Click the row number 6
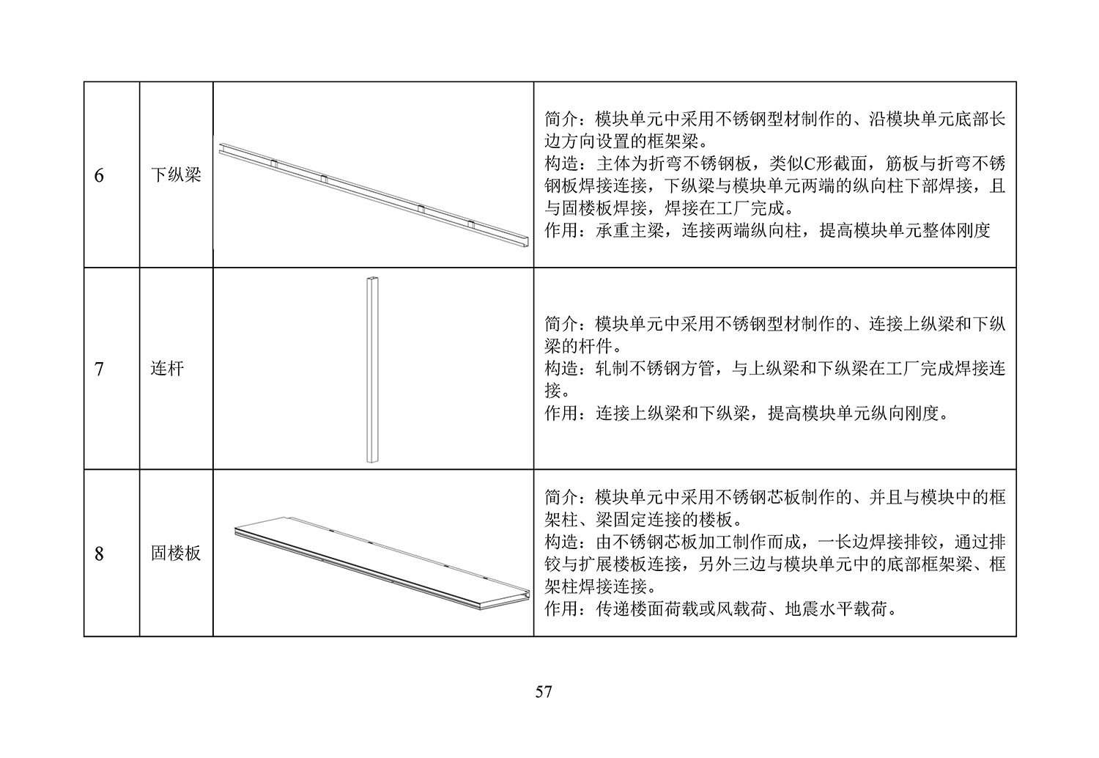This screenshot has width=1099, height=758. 99,176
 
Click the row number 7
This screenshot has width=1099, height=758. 99,369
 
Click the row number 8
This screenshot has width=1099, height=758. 99,553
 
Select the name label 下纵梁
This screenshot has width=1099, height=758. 176,174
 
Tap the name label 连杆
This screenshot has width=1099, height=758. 167,368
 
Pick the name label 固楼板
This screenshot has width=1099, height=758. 176,553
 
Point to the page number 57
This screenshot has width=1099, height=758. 544,692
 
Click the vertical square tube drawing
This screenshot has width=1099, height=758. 372,369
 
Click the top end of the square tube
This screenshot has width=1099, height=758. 372,279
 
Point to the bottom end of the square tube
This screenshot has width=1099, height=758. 372,460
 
